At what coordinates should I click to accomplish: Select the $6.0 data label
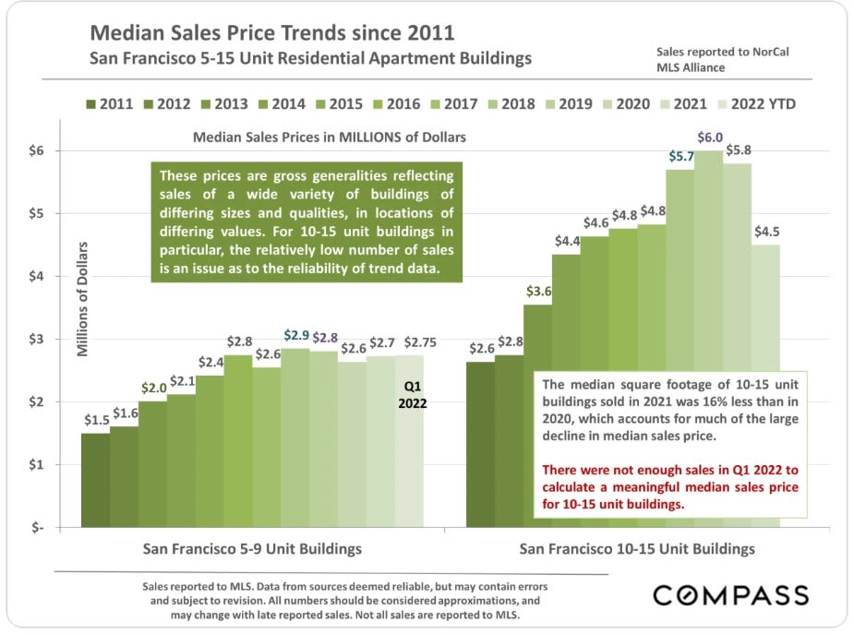tap(709, 138)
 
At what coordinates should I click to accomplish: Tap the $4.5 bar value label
tap(766, 231)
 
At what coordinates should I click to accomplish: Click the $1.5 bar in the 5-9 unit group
tap(95, 480)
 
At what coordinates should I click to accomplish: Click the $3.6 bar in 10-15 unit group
tap(537, 415)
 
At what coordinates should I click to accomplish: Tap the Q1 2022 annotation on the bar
tap(412, 393)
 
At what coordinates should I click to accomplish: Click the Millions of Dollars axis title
tap(83, 298)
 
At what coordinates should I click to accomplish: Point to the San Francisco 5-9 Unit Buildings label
tap(252, 548)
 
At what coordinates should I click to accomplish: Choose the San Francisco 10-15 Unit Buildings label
tap(637, 548)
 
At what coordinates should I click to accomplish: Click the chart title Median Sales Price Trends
tap(272, 34)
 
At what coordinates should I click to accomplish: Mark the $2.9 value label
tap(295, 335)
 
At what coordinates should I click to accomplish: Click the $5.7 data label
tap(680, 156)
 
